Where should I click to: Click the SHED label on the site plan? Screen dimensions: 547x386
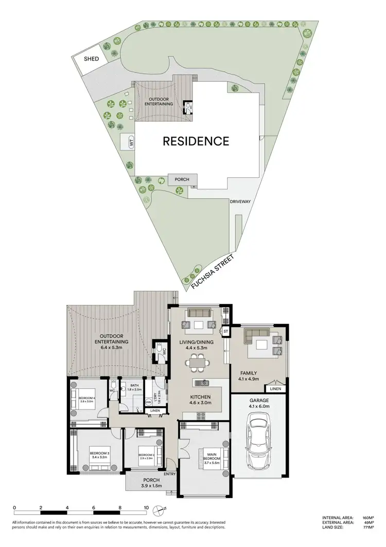point(92,59)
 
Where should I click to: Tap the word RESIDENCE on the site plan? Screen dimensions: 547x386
point(196,141)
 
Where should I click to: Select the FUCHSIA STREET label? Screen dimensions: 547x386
point(212,272)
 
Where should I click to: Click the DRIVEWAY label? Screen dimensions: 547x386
point(240,202)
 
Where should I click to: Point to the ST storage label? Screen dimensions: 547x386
point(225,331)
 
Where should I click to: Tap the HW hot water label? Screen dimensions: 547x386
point(148,402)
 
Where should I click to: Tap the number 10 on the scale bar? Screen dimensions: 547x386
point(147,507)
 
